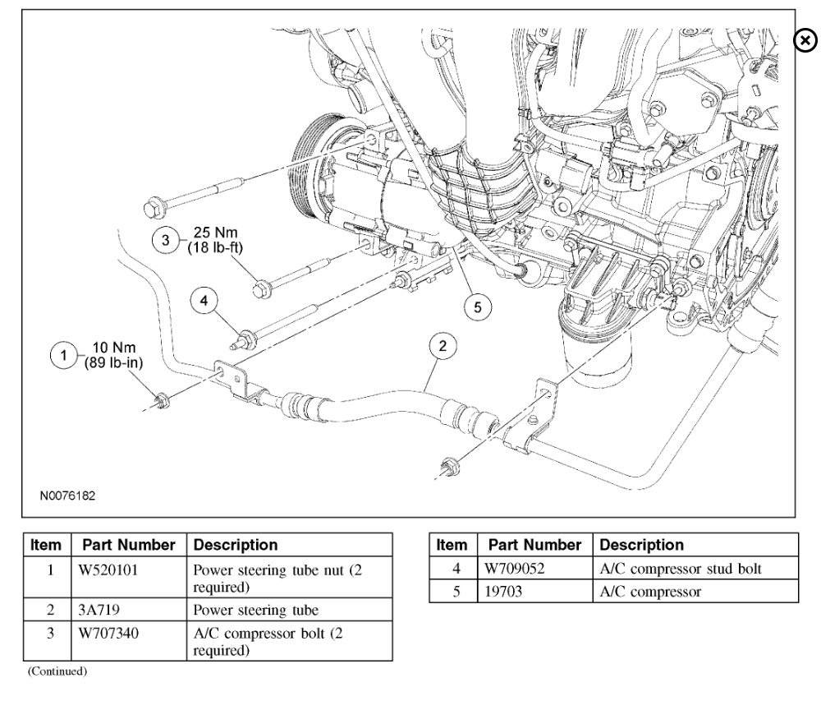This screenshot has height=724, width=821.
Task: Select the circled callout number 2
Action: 443,346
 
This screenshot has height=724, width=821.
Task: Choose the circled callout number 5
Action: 475,307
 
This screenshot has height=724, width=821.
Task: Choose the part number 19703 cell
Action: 498,588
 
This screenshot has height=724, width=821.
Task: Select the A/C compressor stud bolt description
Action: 673,566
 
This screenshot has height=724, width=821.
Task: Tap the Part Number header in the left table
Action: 129,545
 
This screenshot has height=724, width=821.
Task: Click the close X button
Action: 807,39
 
